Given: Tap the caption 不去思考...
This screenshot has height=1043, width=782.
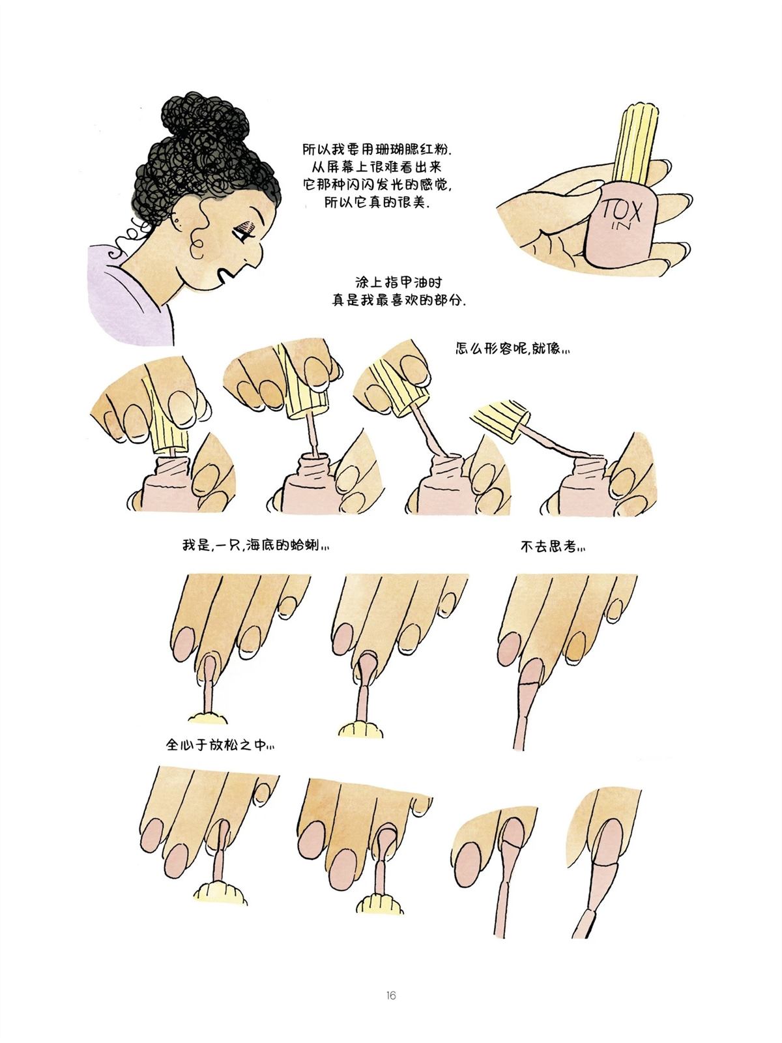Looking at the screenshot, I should [x=553, y=548].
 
